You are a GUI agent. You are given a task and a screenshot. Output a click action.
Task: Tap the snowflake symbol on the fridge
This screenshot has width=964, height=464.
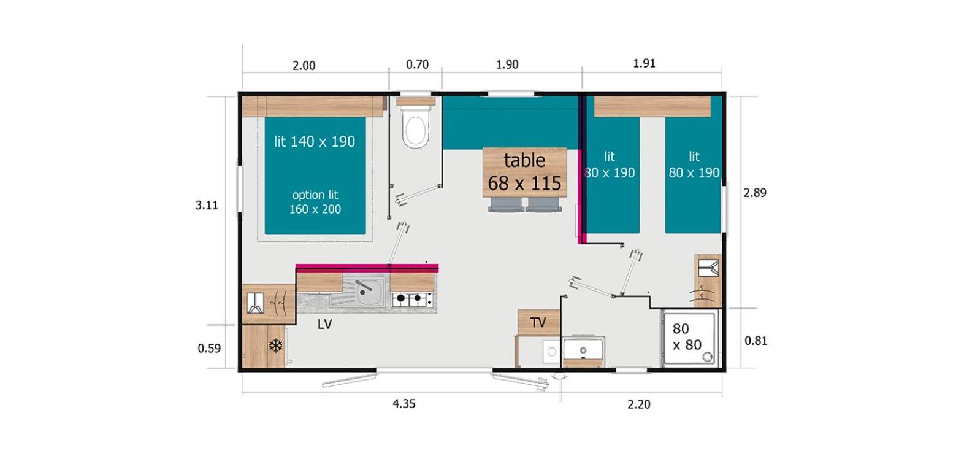pos(275,346)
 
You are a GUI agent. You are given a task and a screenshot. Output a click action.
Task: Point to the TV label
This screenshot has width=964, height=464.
pos(538,322)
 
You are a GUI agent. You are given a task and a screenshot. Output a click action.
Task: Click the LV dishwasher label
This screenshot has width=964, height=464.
pos(325,325)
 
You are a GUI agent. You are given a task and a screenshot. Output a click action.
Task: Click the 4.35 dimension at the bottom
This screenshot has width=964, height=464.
pos(404,404)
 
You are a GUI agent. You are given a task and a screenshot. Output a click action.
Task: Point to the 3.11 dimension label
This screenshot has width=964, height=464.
pos(207,206)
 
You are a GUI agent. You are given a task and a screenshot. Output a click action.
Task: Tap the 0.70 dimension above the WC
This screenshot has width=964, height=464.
pos(418,64)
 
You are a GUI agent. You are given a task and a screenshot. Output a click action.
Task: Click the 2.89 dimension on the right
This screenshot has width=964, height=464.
pos(755,193)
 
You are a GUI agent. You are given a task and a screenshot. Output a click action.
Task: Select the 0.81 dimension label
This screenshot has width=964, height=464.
pos(756,341)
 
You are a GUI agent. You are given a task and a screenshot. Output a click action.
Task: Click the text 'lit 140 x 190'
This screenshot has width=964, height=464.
pos(315,142)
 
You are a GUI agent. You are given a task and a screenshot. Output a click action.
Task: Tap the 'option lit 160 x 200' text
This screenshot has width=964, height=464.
pos(315,202)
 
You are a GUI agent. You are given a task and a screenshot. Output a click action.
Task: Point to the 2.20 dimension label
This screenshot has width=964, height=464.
pos(638,404)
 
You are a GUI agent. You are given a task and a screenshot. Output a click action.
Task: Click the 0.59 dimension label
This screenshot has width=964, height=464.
pos(209,348)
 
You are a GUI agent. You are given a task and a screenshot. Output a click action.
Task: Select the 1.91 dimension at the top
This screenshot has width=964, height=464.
pos(645,63)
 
